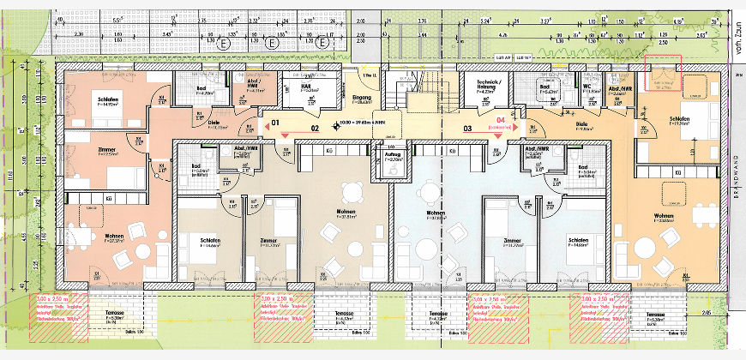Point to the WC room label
pos(587,86)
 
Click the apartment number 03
pos(467,129)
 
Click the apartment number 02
pos(315,129)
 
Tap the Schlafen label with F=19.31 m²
pos(678,121)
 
